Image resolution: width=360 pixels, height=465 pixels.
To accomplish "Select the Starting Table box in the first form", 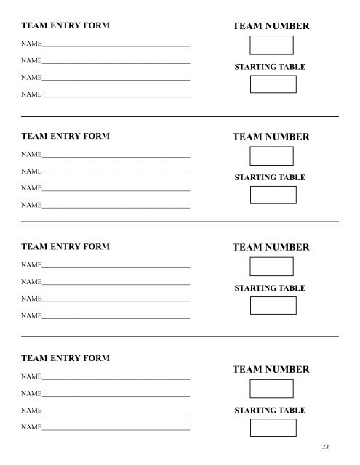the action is tap(273, 84).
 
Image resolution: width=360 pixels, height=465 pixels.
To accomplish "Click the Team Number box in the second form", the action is tap(271, 156).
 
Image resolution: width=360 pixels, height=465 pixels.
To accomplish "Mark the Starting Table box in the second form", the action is tap(273, 195).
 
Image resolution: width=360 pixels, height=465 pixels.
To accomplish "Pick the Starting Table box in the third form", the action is tap(273, 305).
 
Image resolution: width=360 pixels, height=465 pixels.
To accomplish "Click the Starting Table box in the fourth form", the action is tap(273, 428).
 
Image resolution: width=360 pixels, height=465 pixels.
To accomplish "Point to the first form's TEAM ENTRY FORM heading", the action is tap(65, 25).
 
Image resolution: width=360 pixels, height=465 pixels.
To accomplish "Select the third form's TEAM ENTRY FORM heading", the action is tap(65, 247).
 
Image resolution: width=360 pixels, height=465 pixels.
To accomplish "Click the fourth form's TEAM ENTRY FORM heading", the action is tap(65, 358).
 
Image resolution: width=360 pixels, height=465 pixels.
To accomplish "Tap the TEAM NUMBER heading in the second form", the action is tap(271, 137).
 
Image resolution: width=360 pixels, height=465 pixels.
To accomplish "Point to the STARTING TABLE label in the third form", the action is tap(270, 288).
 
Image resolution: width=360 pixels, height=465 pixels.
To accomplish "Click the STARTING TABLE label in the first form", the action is tap(270, 67).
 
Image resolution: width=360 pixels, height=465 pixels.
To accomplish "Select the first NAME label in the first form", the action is tap(31, 44).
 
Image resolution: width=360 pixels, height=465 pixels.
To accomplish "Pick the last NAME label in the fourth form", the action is tap(31, 428).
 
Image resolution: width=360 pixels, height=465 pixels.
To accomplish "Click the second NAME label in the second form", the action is tap(31, 171).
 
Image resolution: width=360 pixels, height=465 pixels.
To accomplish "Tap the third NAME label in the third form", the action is tap(31, 299).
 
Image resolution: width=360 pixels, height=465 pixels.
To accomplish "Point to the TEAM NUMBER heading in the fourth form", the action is tap(271, 370).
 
